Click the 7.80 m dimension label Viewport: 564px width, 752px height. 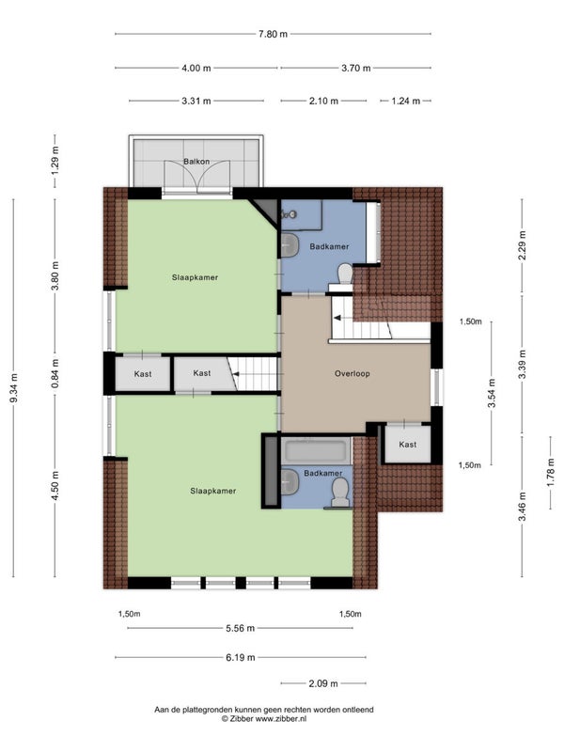[273, 34]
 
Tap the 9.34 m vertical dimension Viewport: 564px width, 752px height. [14, 387]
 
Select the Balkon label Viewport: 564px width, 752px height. [196, 162]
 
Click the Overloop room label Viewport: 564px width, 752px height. [352, 373]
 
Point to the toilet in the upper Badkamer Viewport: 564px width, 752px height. [345, 274]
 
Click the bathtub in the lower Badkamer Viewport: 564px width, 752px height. [316, 450]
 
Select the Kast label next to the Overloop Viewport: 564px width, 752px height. [408, 445]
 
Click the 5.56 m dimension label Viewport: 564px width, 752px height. [241, 628]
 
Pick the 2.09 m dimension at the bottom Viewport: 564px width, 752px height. [323, 683]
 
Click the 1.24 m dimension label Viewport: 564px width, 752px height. [406, 102]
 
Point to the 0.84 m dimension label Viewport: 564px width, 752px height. [55, 373]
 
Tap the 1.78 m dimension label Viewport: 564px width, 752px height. [551, 473]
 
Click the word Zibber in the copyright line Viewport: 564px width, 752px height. [242, 718]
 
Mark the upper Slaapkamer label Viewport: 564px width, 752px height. [195, 277]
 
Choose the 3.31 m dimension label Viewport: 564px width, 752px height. [196, 102]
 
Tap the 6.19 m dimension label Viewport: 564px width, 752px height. [241, 657]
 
